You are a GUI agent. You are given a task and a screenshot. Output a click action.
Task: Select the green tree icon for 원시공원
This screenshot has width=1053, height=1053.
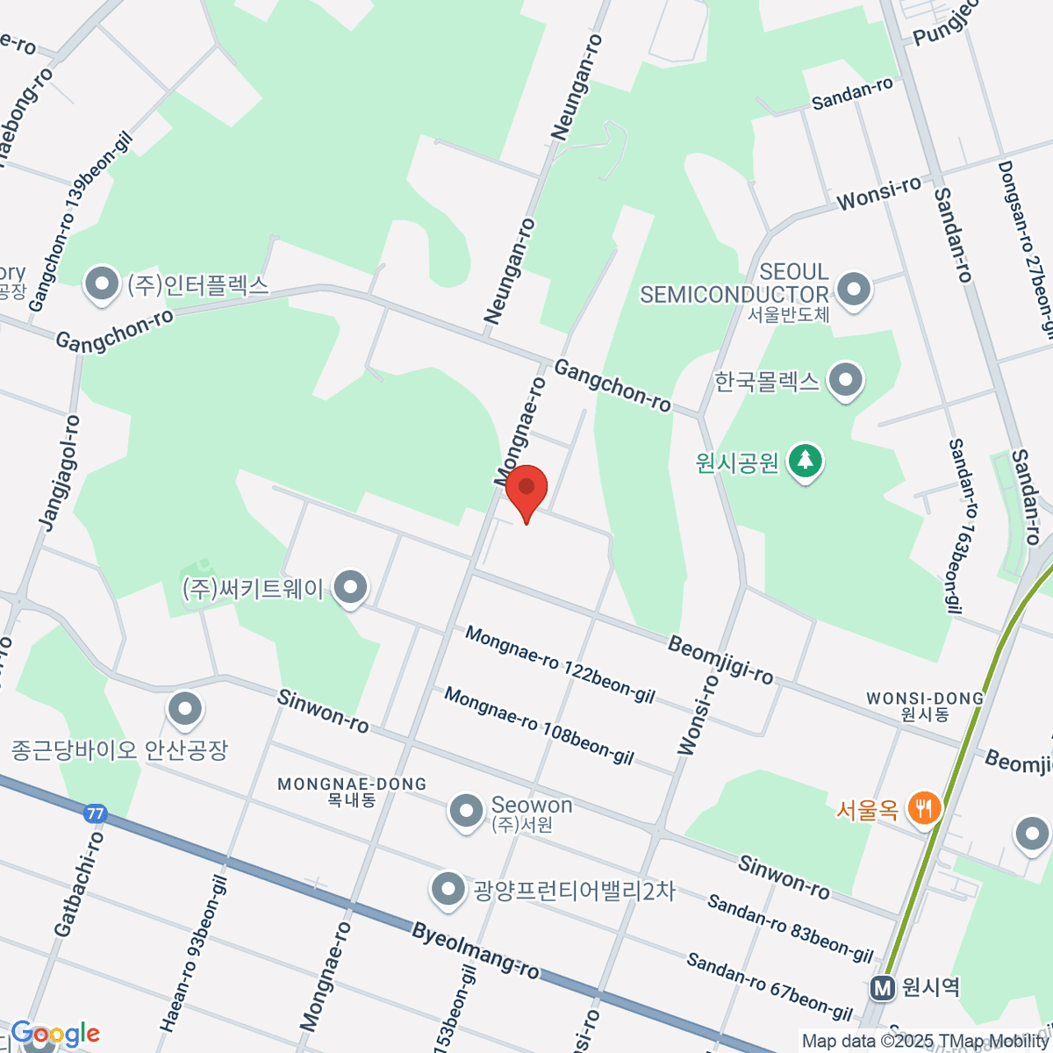click(x=805, y=460)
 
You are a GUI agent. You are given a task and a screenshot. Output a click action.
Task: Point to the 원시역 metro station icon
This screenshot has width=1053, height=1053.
click(x=883, y=988)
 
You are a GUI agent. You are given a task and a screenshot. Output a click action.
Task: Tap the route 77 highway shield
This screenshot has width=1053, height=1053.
click(x=95, y=813)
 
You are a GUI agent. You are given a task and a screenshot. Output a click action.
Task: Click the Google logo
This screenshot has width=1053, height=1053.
click(x=55, y=1034)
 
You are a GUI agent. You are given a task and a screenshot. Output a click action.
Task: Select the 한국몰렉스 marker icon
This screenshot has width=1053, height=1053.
click(x=846, y=381)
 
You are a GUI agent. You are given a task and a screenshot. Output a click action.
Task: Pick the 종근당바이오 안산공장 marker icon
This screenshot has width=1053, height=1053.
click(x=185, y=709)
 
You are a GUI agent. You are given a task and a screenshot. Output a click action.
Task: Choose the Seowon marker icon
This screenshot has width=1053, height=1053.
click(x=465, y=811)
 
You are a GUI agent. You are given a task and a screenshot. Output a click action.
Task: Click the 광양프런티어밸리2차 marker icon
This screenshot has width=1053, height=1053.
click(x=448, y=890)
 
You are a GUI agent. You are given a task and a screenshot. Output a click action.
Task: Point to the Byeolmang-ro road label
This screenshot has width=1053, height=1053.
click(x=475, y=950)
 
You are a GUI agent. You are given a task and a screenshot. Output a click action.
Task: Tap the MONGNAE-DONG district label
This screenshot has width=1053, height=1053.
click(x=351, y=784)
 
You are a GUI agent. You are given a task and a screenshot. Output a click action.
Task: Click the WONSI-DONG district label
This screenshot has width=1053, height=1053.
click(x=925, y=698)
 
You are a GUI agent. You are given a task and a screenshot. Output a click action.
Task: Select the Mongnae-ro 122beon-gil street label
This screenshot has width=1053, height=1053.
click(x=560, y=664)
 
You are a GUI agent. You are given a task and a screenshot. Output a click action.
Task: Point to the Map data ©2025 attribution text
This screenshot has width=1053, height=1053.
click(x=926, y=1041)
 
